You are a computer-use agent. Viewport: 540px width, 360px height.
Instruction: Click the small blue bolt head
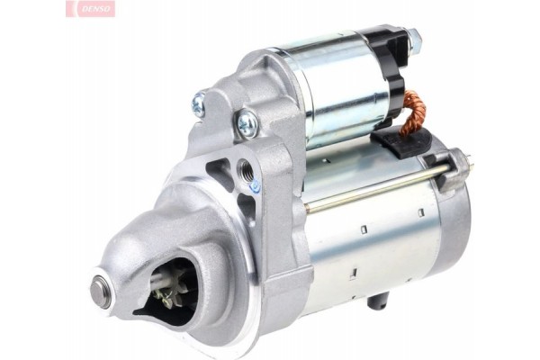click(x=255, y=185)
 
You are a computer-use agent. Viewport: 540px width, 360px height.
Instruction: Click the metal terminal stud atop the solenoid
click(x=413, y=39)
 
